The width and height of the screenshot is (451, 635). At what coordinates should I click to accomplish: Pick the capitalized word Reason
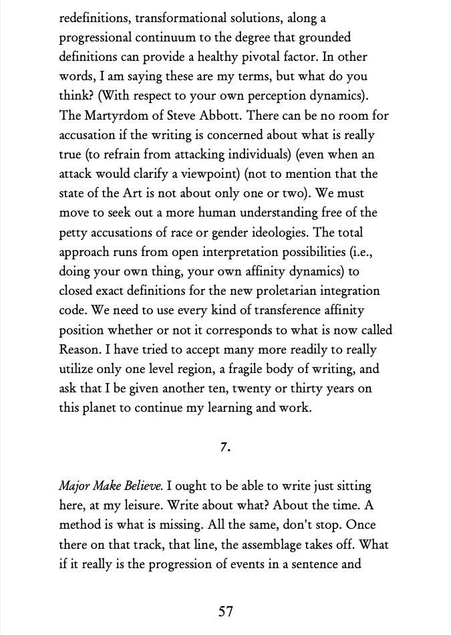pos(80,350)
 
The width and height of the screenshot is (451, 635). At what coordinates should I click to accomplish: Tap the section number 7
pos(225,447)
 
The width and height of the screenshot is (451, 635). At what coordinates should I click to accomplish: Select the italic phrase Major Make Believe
pos(110,486)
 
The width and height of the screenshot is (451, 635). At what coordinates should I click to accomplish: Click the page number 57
pos(226,611)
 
